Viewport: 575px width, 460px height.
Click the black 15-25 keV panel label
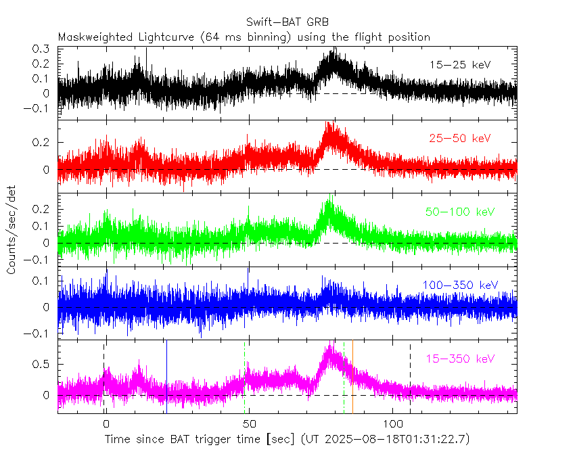pyautogui.click(x=460, y=65)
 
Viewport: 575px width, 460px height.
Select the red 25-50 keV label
pyautogui.click(x=460, y=139)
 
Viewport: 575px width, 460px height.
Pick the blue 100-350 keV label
pyautogui.click(x=460, y=285)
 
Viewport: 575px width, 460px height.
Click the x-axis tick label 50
pyautogui.click(x=249, y=424)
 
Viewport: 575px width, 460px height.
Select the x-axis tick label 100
pyautogui.click(x=393, y=424)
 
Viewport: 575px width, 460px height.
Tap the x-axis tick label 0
pyautogui.click(x=105, y=424)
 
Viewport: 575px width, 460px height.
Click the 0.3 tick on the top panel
pyautogui.click(x=42, y=49)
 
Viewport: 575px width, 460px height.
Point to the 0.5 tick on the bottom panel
pyautogui.click(x=42, y=364)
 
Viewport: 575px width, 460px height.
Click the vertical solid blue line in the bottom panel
pyautogui.click(x=166, y=375)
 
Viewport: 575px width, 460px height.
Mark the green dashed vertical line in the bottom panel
pyautogui.click(x=344, y=375)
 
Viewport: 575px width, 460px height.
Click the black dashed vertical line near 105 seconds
pyautogui.click(x=410, y=375)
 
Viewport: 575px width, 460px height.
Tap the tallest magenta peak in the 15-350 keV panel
pyautogui.click(x=330, y=348)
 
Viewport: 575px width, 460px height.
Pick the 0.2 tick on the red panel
pyautogui.click(x=42, y=143)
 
